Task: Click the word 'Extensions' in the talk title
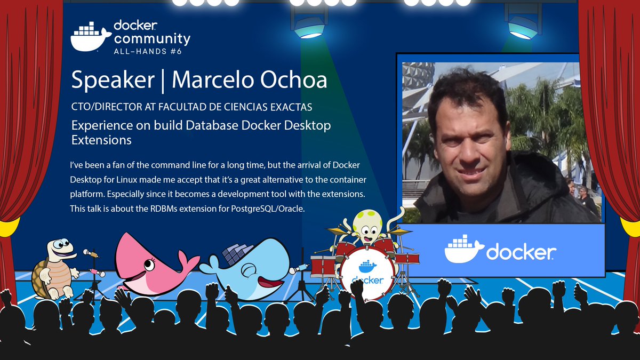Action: (101, 140)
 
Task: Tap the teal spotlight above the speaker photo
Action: (523, 24)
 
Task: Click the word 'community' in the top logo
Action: (152, 38)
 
